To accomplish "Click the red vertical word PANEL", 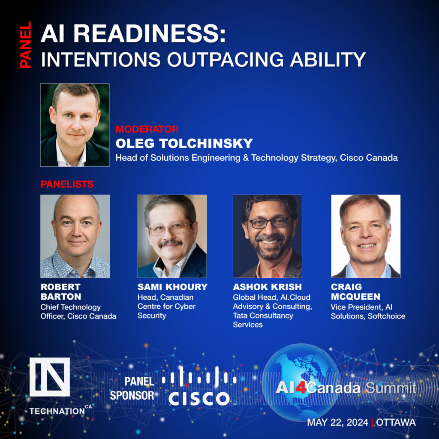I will point(25,45).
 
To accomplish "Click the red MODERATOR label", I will point(147,129).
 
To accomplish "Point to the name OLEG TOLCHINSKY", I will point(184,143).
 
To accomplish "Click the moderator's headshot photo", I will point(75,125).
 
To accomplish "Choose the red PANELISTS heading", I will point(67,184).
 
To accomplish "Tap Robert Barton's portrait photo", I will point(75,236).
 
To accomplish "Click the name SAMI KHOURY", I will point(172,287).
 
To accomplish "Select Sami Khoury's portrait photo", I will point(172,236).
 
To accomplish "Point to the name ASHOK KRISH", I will point(267,287).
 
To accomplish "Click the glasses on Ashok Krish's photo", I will point(269,223).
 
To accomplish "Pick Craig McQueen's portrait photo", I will point(365,236).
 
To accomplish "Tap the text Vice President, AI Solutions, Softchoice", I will point(367,312).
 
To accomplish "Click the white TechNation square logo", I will point(49,377).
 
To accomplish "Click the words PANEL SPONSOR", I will point(132,388).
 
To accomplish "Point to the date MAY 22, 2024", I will point(337,422).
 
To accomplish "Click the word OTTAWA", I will point(396,422).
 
